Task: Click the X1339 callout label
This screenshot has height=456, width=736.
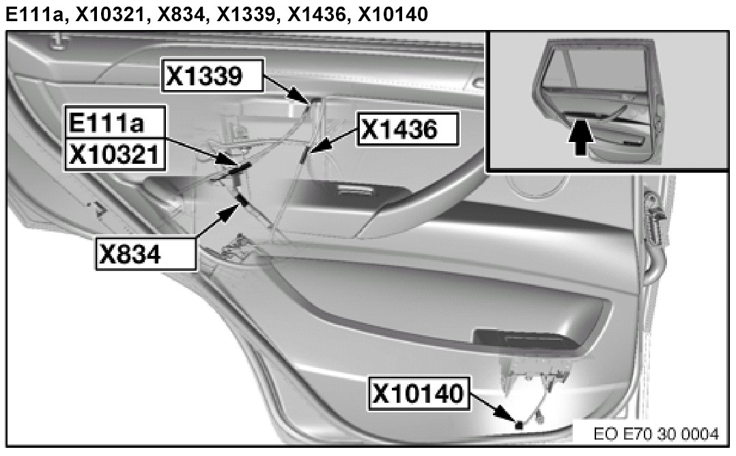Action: point(211,78)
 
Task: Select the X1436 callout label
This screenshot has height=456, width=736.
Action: point(408,129)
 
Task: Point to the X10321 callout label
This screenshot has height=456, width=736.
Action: point(115,156)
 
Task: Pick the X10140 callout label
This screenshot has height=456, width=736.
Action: point(420,395)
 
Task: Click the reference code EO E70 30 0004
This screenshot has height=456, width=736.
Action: point(656,433)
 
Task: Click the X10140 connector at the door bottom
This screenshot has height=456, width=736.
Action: point(520,425)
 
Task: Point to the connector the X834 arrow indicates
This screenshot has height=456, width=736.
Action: point(240,200)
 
